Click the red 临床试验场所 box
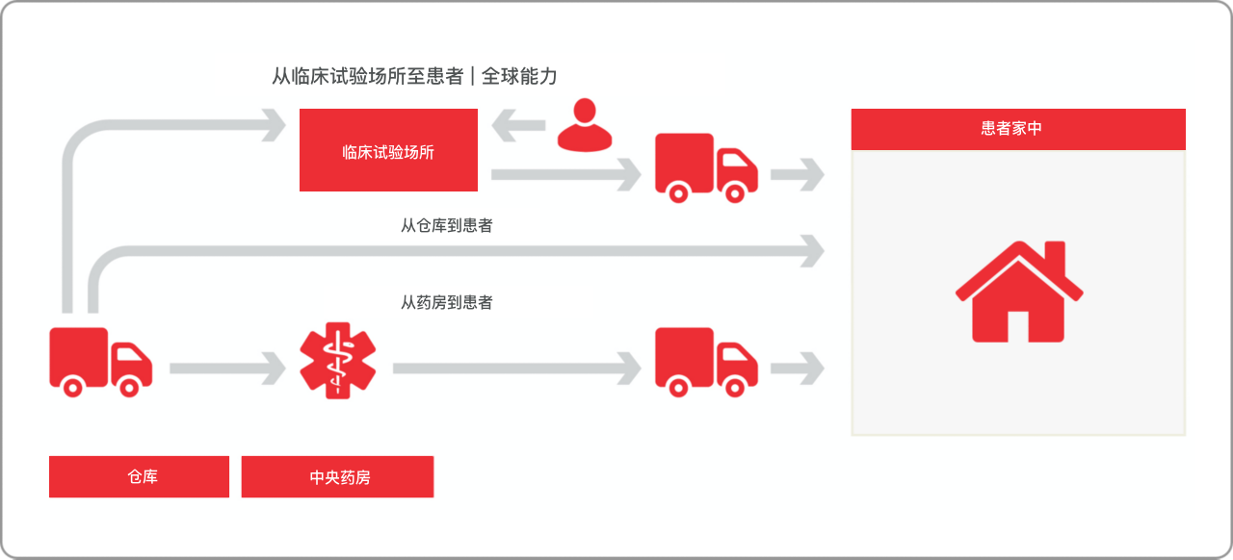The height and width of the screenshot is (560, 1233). pos(388,150)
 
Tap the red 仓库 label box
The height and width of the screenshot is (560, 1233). pos(139,476)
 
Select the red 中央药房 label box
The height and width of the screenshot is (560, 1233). pos(337,476)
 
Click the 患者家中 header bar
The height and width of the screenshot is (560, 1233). pos(1018,129)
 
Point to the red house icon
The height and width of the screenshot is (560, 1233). pos(1019,292)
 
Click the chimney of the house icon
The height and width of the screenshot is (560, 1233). pos(1055,258)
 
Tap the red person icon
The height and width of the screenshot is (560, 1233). pos(585,125)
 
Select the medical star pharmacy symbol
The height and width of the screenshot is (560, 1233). pos(338,360)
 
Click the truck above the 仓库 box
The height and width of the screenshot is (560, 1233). pos(101,362)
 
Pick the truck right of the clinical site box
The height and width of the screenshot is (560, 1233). pos(706,167)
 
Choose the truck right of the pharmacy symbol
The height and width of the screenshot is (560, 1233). pos(706,362)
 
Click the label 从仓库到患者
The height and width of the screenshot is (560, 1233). pos(446,225)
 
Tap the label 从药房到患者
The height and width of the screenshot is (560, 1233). pos(446,302)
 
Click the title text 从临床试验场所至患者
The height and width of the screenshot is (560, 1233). pos(368,76)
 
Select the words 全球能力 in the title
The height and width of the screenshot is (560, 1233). pos(519,76)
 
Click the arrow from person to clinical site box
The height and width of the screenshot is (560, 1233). pos(518,125)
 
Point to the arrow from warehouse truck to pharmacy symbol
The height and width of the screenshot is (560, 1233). pos(227,369)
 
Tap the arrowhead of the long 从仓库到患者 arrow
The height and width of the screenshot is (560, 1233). pos(812,251)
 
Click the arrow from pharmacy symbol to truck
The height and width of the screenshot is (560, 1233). pos(517,369)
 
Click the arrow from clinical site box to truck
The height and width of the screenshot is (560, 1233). pos(565,175)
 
